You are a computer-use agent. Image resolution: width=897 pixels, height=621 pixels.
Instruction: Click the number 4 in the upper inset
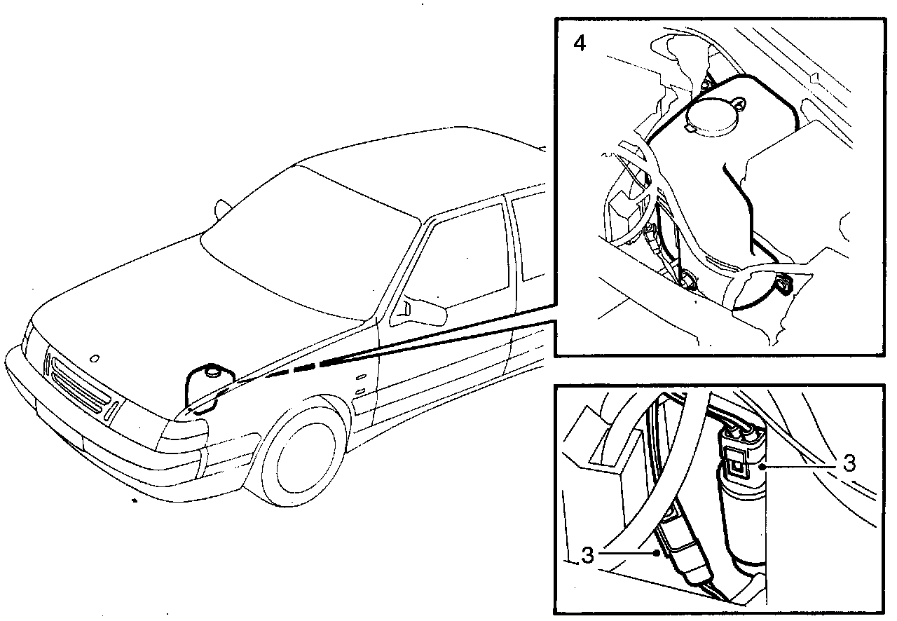tap(579, 43)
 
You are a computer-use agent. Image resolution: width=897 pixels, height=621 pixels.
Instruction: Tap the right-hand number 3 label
tap(849, 464)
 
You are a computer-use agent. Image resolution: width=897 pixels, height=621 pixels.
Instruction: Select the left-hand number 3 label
tap(587, 555)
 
